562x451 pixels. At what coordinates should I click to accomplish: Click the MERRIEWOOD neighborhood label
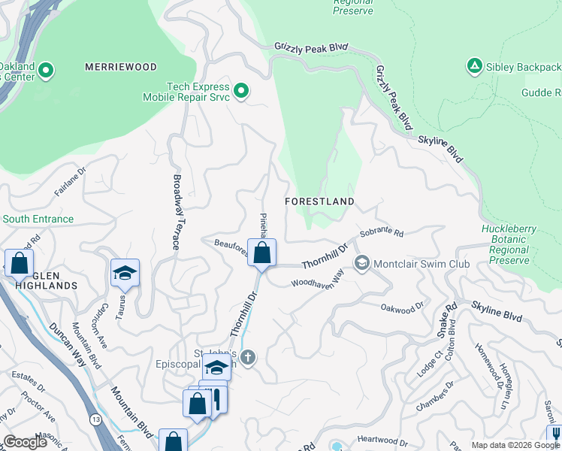pyautogui.click(x=121, y=67)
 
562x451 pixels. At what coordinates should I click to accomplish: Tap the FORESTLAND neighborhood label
pyautogui.click(x=319, y=201)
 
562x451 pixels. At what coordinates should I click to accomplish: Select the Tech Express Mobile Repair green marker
pyautogui.click(x=241, y=91)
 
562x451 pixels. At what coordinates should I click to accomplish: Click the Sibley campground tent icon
pyautogui.click(x=474, y=67)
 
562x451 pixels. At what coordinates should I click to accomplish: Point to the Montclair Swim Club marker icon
pyautogui.click(x=362, y=263)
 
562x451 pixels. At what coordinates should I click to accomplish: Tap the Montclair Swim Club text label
pyautogui.click(x=421, y=264)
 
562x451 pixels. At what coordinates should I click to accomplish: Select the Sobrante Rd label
pyautogui.click(x=382, y=234)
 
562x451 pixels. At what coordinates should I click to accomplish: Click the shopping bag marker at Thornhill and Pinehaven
pyautogui.click(x=261, y=253)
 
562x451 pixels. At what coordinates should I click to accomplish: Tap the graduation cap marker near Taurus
pyautogui.click(x=125, y=273)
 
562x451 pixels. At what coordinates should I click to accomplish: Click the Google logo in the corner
pyautogui.click(x=26, y=442)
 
